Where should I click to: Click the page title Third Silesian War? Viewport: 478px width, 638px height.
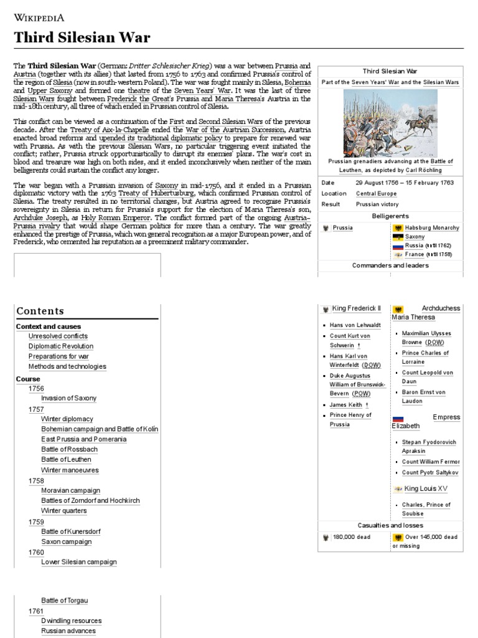(82, 37)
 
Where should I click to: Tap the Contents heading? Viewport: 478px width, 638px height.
(40, 311)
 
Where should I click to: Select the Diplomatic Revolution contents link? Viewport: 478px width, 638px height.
(61, 346)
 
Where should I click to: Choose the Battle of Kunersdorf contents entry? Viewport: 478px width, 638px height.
(70, 531)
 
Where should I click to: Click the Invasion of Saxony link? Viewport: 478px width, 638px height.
(68, 398)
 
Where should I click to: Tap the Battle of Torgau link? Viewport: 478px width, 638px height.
(65, 601)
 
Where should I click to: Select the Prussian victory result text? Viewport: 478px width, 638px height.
(376, 204)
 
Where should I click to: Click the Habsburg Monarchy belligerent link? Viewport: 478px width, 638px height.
(432, 228)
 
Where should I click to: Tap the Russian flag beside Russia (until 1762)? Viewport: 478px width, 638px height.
(398, 246)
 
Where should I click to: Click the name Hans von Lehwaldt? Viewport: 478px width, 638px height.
(355, 325)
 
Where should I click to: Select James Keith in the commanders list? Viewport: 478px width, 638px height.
(347, 405)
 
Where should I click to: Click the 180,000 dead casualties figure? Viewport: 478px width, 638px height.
(352, 537)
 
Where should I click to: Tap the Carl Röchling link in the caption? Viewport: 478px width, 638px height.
(424, 170)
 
